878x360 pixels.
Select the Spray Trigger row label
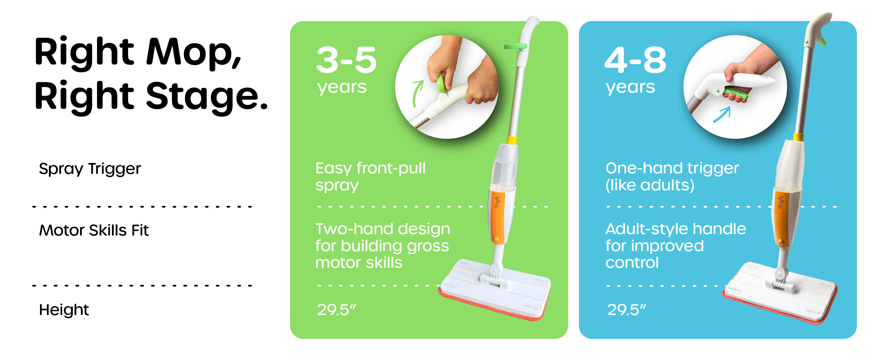point(90,169)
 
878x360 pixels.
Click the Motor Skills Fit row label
point(94,230)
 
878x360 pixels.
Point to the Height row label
point(64,310)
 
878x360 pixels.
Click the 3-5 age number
point(346,60)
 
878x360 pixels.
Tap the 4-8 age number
point(635,60)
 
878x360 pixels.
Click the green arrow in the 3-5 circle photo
point(417,93)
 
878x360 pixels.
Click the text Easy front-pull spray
point(370,177)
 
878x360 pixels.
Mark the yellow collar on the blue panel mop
point(798,137)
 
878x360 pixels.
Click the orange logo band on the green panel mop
point(497,217)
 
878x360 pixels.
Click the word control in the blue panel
point(632,262)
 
